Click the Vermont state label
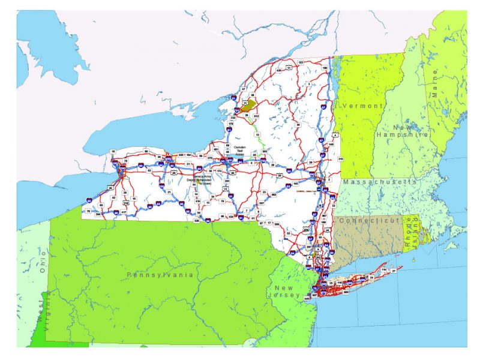coord(362,106)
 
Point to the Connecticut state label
coord(368,221)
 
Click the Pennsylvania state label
coord(160,274)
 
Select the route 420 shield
coord(278,71)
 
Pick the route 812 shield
coord(256,115)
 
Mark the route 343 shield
coord(340,158)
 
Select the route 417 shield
coord(124,212)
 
